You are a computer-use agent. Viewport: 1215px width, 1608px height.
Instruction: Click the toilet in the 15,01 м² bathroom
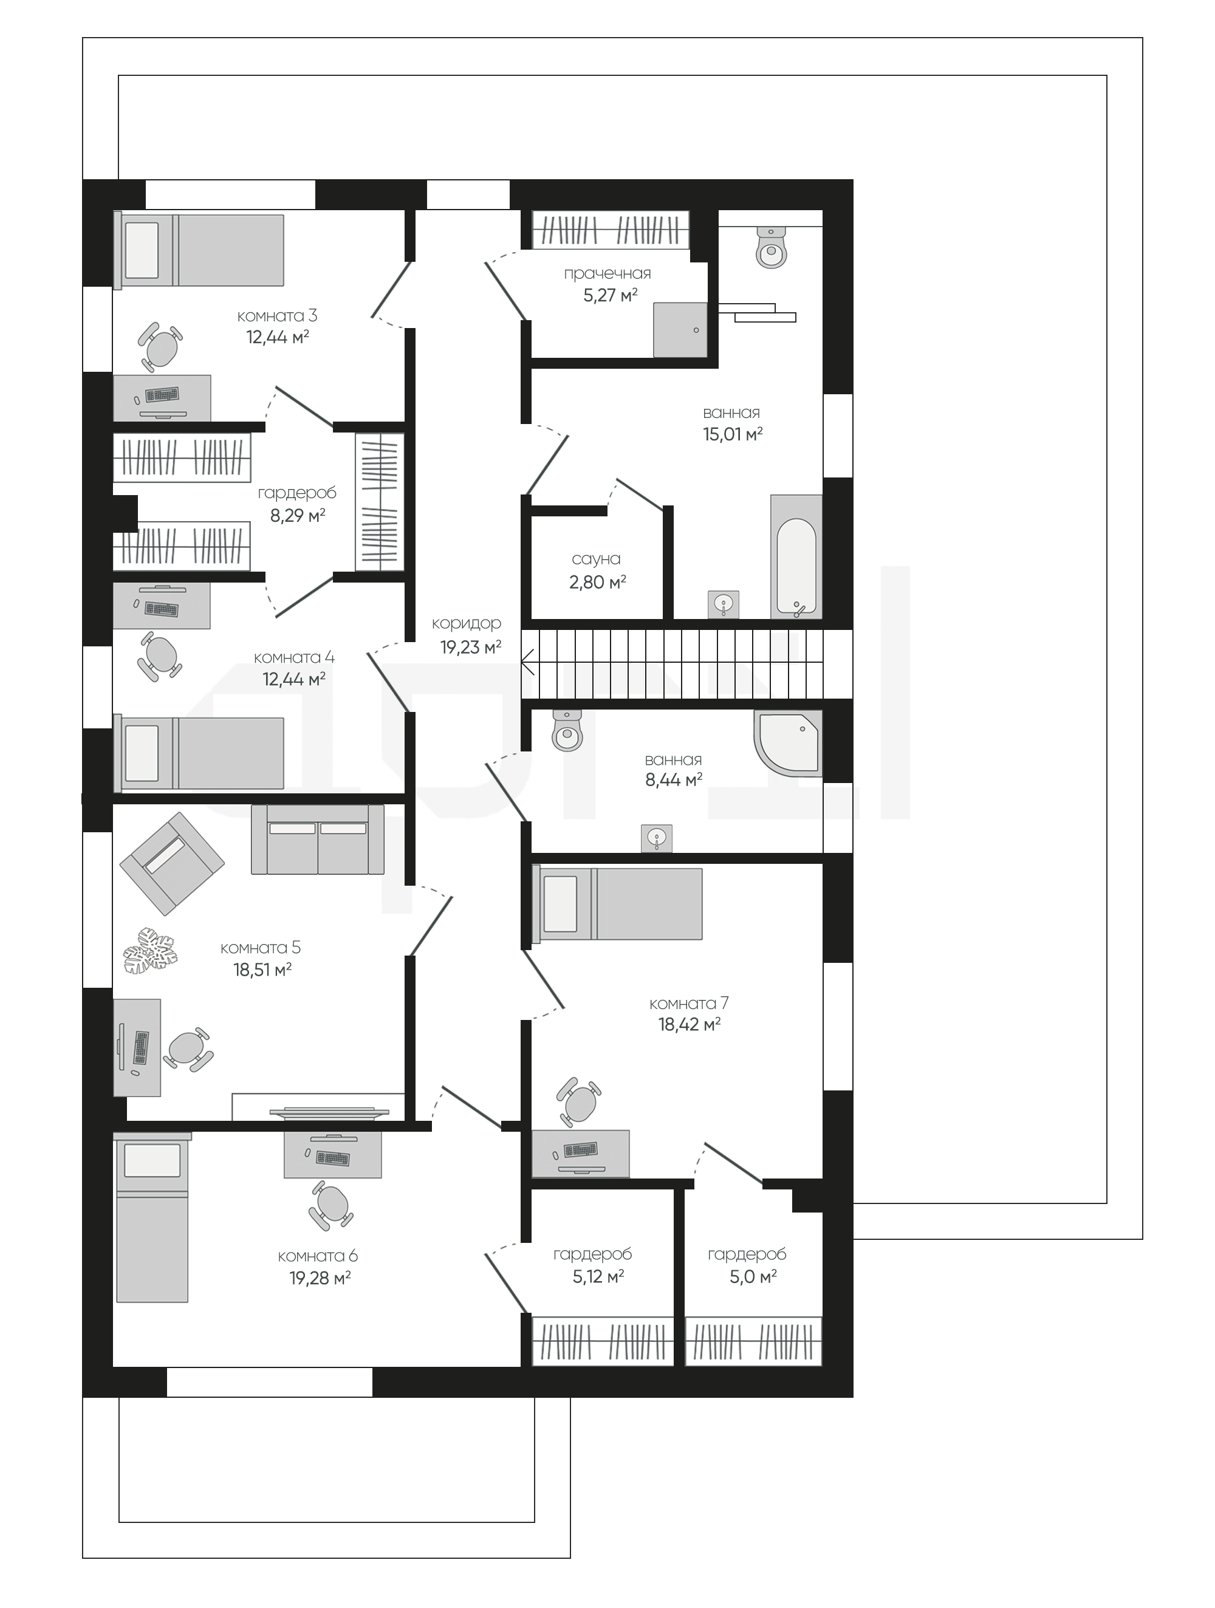click(x=772, y=247)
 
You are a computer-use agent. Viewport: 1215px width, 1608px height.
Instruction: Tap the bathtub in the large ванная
click(x=796, y=557)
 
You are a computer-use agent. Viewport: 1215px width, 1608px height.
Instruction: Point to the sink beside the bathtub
click(x=724, y=604)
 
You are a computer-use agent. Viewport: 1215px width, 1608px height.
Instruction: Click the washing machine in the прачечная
click(x=680, y=329)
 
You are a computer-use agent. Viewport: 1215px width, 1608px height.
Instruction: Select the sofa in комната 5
click(x=318, y=839)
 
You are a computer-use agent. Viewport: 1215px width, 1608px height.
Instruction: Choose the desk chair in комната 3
click(x=160, y=347)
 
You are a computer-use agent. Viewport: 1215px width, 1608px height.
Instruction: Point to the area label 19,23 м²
click(x=470, y=647)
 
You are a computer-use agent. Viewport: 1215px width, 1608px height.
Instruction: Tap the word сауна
click(x=596, y=559)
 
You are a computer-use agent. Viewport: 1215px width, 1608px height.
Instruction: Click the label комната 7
click(x=688, y=1003)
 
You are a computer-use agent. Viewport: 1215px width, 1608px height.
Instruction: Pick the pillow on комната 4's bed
click(x=142, y=753)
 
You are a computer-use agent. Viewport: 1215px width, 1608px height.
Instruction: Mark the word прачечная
click(x=607, y=274)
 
